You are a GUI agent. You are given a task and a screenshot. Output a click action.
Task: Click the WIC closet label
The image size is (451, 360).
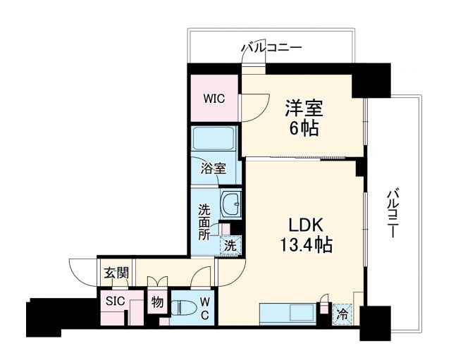214,99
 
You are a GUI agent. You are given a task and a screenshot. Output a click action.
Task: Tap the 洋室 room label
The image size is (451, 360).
304,110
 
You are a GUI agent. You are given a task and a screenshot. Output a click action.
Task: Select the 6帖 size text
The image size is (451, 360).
304,128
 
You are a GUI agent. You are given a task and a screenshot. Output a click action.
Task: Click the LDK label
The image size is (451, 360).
304,225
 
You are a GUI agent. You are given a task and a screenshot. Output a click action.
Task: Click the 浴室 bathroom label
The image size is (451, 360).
213,168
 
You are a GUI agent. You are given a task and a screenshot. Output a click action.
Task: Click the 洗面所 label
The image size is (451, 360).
204,222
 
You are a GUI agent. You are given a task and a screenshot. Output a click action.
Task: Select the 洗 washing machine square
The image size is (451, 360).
230,245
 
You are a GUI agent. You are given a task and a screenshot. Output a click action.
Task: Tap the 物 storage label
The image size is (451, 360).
157,303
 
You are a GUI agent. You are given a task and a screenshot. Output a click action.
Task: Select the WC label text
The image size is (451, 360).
204,308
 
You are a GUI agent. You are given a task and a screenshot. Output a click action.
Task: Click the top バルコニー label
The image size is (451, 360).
271,48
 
